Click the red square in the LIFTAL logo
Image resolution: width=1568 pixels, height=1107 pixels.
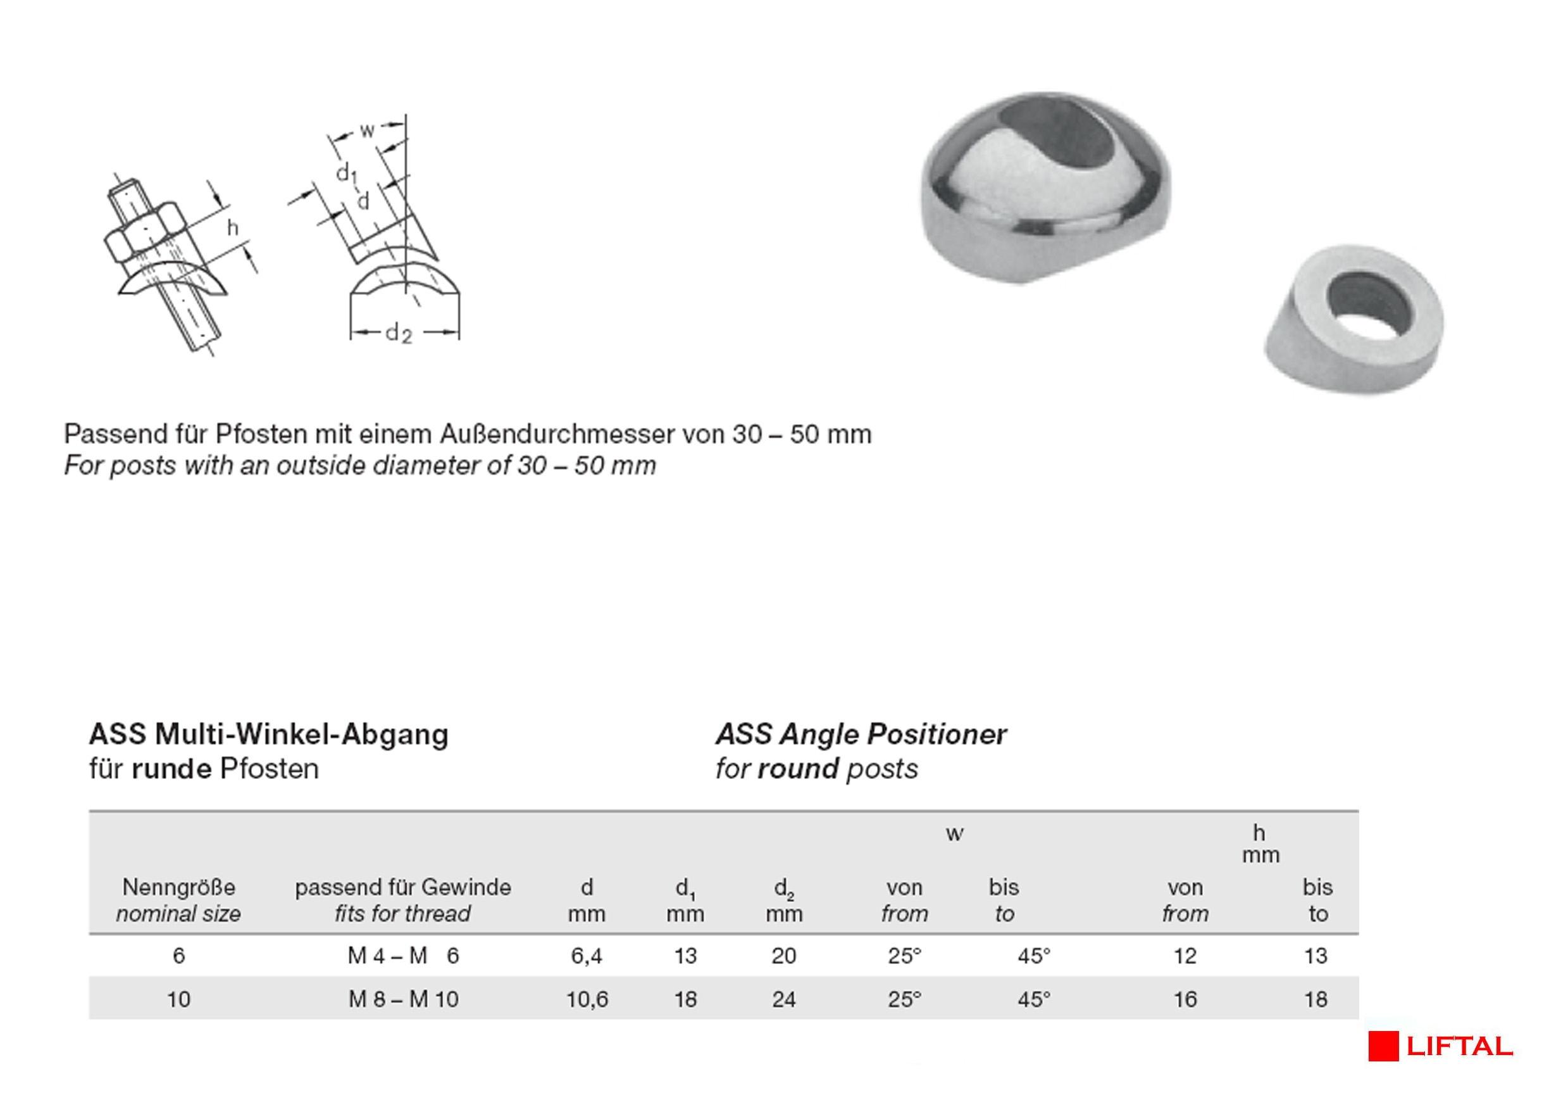[1383, 1046]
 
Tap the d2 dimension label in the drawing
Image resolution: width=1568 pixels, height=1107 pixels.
[399, 334]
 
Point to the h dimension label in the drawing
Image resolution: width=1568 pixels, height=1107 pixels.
[233, 227]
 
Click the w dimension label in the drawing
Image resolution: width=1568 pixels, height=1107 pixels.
[367, 130]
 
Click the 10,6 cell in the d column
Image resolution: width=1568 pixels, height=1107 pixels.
[587, 999]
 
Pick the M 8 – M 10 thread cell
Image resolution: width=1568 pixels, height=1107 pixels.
[404, 999]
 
